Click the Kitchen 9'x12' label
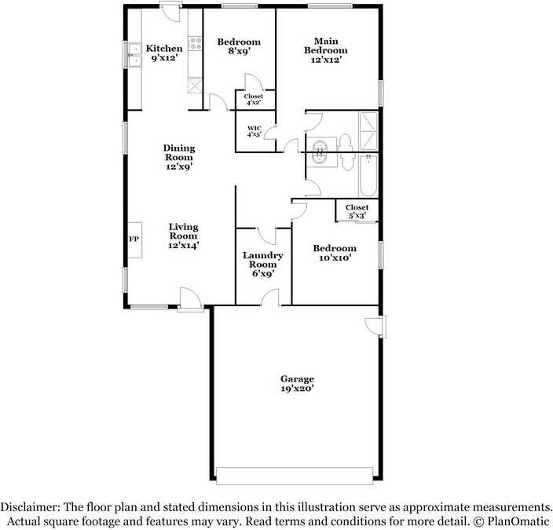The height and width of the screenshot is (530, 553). tap(164, 53)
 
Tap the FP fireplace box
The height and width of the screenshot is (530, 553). tap(134, 239)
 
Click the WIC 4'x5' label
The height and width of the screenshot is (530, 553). tap(254, 132)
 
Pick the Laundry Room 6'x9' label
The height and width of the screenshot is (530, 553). tap(262, 265)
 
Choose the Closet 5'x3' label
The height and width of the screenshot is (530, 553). tap(357, 211)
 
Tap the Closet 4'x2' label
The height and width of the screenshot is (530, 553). tap(254, 100)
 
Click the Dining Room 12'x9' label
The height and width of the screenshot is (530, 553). tap(178, 157)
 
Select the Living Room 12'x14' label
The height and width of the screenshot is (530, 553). tap(183, 236)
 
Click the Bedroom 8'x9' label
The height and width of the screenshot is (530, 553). tap(239, 46)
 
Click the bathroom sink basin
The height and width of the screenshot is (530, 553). tap(320, 153)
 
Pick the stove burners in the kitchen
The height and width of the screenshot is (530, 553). tap(194, 45)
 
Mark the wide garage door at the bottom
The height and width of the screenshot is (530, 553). tap(295, 476)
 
